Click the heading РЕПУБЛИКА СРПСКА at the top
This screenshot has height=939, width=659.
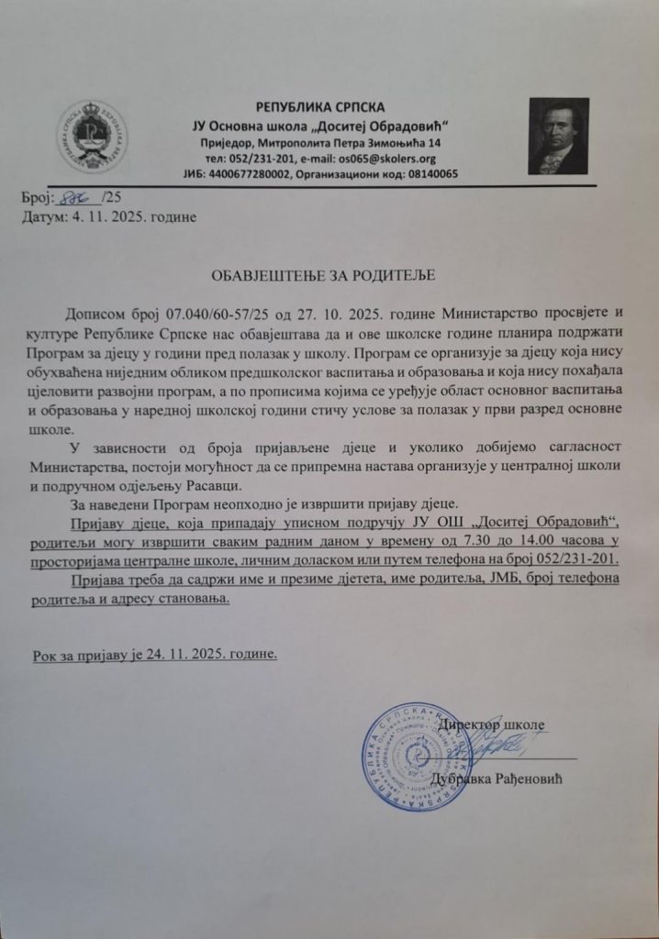pos(321,106)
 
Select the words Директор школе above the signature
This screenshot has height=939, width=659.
pos(490,725)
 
